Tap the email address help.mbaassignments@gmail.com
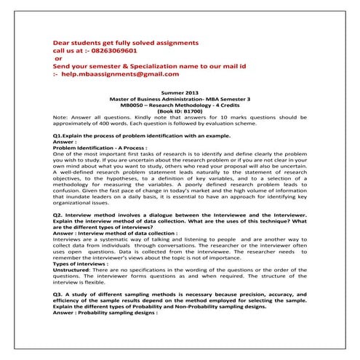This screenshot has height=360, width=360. coord(120,73)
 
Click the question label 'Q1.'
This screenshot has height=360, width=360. coord(59,136)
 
